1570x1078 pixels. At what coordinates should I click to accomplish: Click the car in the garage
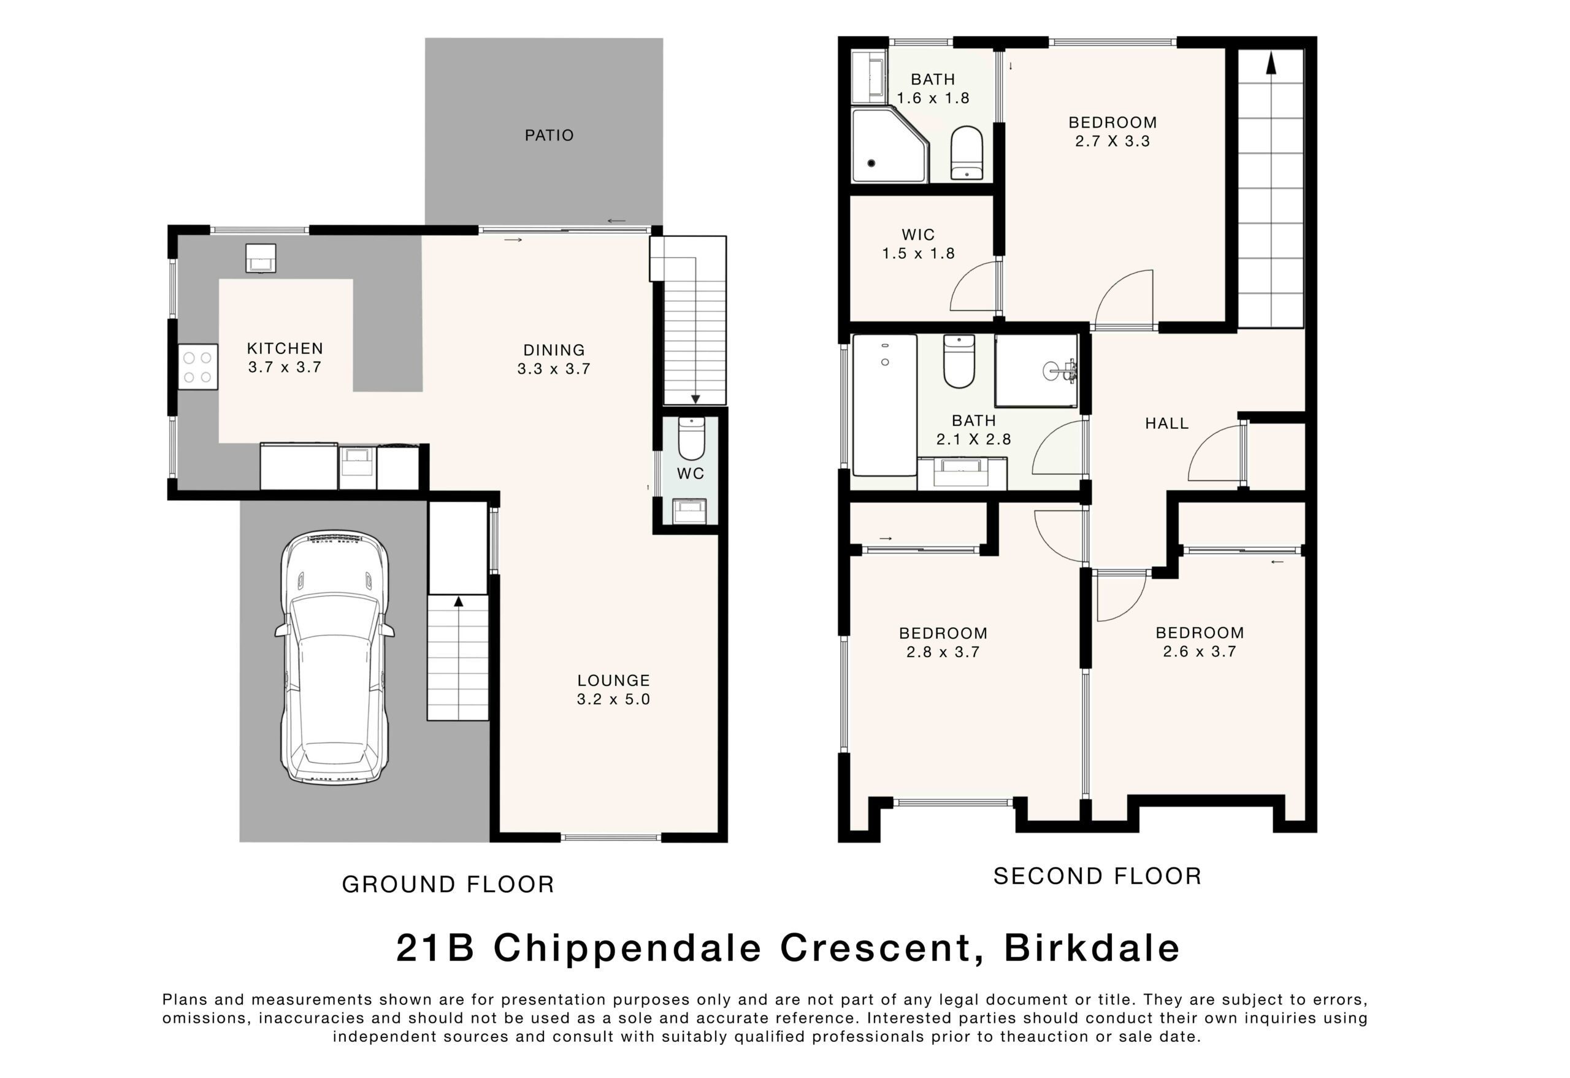(x=334, y=658)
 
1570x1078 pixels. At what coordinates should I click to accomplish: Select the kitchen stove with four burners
(x=198, y=367)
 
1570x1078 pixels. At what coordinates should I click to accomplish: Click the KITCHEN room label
(x=285, y=348)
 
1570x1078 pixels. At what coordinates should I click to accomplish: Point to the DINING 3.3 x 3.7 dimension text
(x=554, y=368)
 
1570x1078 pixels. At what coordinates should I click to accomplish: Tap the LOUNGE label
(x=613, y=680)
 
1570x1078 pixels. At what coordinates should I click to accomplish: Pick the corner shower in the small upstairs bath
(x=890, y=145)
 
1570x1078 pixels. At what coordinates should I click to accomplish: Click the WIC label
(x=918, y=234)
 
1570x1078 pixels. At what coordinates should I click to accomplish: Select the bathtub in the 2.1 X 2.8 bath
(x=885, y=405)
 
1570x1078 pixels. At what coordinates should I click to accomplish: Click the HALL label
(x=1166, y=424)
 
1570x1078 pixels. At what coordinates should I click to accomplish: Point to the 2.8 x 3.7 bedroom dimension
(x=943, y=652)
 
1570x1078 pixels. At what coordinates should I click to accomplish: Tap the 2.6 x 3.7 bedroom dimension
(x=1200, y=652)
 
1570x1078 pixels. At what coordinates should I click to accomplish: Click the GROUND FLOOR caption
(x=448, y=885)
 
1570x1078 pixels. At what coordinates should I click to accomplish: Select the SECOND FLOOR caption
(x=1098, y=877)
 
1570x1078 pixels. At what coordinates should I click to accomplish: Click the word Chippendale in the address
(x=628, y=950)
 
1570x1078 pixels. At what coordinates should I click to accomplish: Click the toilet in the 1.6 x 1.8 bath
(x=967, y=153)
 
